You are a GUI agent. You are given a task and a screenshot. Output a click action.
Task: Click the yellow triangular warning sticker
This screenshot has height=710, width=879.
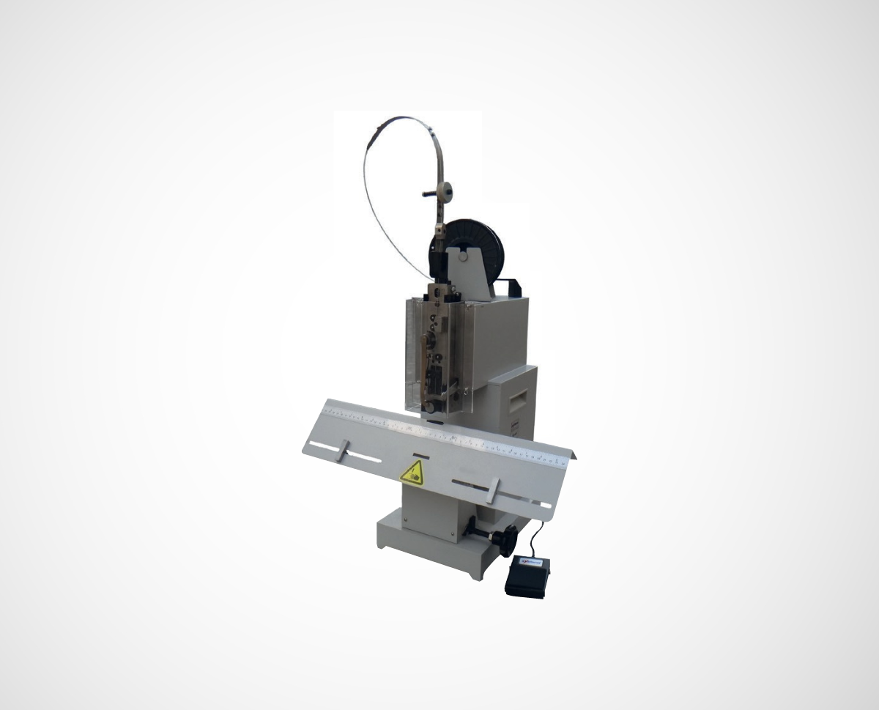[x=412, y=473]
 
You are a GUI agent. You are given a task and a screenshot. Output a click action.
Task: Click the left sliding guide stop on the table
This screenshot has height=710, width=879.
[x=341, y=451]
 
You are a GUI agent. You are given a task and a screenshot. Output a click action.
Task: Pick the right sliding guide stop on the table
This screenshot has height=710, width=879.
[x=492, y=490]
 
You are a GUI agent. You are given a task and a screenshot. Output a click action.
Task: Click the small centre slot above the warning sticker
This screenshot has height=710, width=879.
[x=420, y=455]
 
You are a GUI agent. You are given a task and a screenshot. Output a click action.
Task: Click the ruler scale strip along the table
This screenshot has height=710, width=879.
[x=447, y=434]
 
